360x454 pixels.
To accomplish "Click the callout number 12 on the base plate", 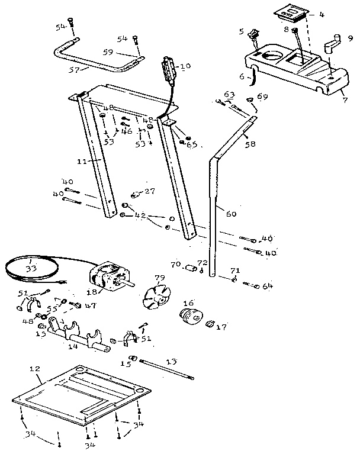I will [34, 369].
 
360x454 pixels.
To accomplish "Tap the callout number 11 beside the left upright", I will [82, 161].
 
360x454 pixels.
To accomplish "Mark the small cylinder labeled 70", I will [191, 269].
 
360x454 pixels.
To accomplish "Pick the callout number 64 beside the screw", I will [267, 286].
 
